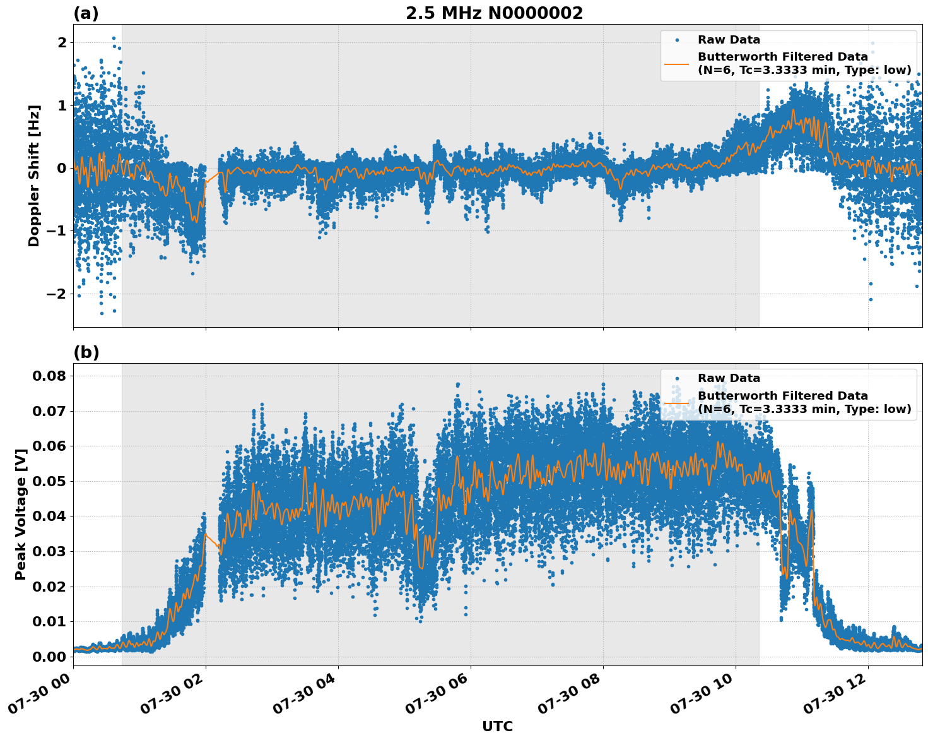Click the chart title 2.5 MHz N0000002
[494, 13]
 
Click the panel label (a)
[86, 13]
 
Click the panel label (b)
[86, 352]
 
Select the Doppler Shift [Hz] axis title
[34, 176]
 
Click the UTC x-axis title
[497, 726]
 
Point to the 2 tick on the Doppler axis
[62, 42]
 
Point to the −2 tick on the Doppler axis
[57, 294]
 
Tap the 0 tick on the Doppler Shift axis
[62, 168]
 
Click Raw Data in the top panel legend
[729, 40]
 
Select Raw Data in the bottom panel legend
[729, 378]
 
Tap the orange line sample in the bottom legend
[677, 402]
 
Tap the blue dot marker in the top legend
[677, 40]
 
